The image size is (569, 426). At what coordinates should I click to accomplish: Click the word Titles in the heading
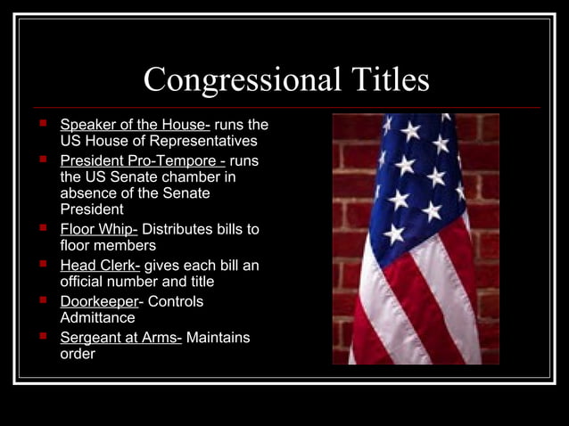[383, 81]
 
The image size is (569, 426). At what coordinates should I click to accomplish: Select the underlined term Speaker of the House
[134, 125]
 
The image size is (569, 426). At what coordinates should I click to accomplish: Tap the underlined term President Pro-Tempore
[142, 160]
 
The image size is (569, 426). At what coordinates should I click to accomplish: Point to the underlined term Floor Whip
[98, 229]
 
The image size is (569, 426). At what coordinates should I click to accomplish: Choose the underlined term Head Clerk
[100, 265]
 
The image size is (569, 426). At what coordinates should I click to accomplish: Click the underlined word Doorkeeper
[99, 301]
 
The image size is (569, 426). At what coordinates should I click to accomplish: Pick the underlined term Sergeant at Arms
[120, 337]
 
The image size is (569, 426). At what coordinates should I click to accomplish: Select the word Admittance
[97, 317]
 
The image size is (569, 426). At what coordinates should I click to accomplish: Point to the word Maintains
[218, 337]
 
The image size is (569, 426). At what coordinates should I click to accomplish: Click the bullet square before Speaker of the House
[41, 123]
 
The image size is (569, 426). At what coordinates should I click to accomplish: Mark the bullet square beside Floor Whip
[41, 228]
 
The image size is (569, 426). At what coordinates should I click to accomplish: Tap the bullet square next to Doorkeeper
[41, 300]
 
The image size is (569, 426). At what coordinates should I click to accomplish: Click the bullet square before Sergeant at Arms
[41, 336]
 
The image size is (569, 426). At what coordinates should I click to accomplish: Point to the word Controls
[176, 301]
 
